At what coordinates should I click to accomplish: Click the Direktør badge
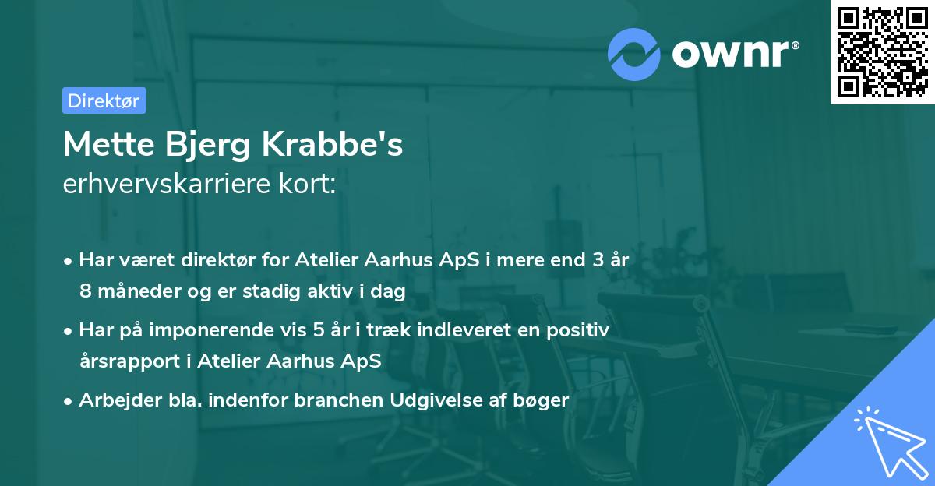pos(104,100)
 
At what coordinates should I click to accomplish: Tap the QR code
pos(883,51)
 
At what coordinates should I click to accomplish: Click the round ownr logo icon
pos(633,54)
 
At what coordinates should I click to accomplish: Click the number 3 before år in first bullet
pos(597,260)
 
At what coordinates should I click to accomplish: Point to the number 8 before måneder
pos(85,291)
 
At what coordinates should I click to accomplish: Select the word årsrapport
pos(127,362)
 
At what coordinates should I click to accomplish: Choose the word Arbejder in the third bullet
pos(114,400)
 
